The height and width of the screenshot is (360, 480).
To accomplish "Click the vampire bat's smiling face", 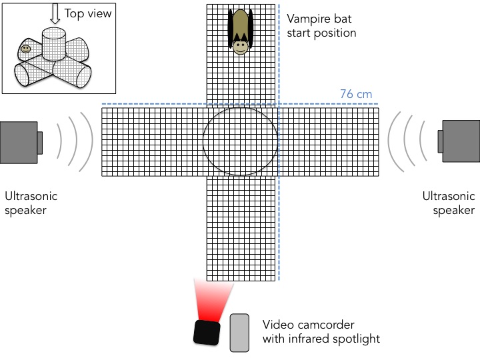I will pos(241,46).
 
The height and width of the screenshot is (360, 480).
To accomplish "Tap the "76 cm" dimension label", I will pos(355,94).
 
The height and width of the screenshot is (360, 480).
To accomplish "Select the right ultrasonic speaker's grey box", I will pos(461,141).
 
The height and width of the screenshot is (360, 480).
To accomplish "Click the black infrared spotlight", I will pos(207,332).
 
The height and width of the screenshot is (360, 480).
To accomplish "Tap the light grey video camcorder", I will pos(239,332).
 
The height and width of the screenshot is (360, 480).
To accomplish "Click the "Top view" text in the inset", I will pos(87,13).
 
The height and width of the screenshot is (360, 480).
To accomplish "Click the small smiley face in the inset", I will pos(25,49).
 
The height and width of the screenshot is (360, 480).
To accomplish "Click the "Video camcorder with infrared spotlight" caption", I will pos(321,332).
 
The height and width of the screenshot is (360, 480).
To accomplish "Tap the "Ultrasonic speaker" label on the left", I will pos(31,203).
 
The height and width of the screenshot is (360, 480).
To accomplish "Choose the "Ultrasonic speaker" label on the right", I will pos(449,203).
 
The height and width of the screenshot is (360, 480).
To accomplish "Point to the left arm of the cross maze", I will pos(152,141).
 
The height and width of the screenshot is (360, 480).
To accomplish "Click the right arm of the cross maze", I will pos(327,141).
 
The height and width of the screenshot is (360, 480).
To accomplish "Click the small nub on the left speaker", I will pos(39,142).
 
